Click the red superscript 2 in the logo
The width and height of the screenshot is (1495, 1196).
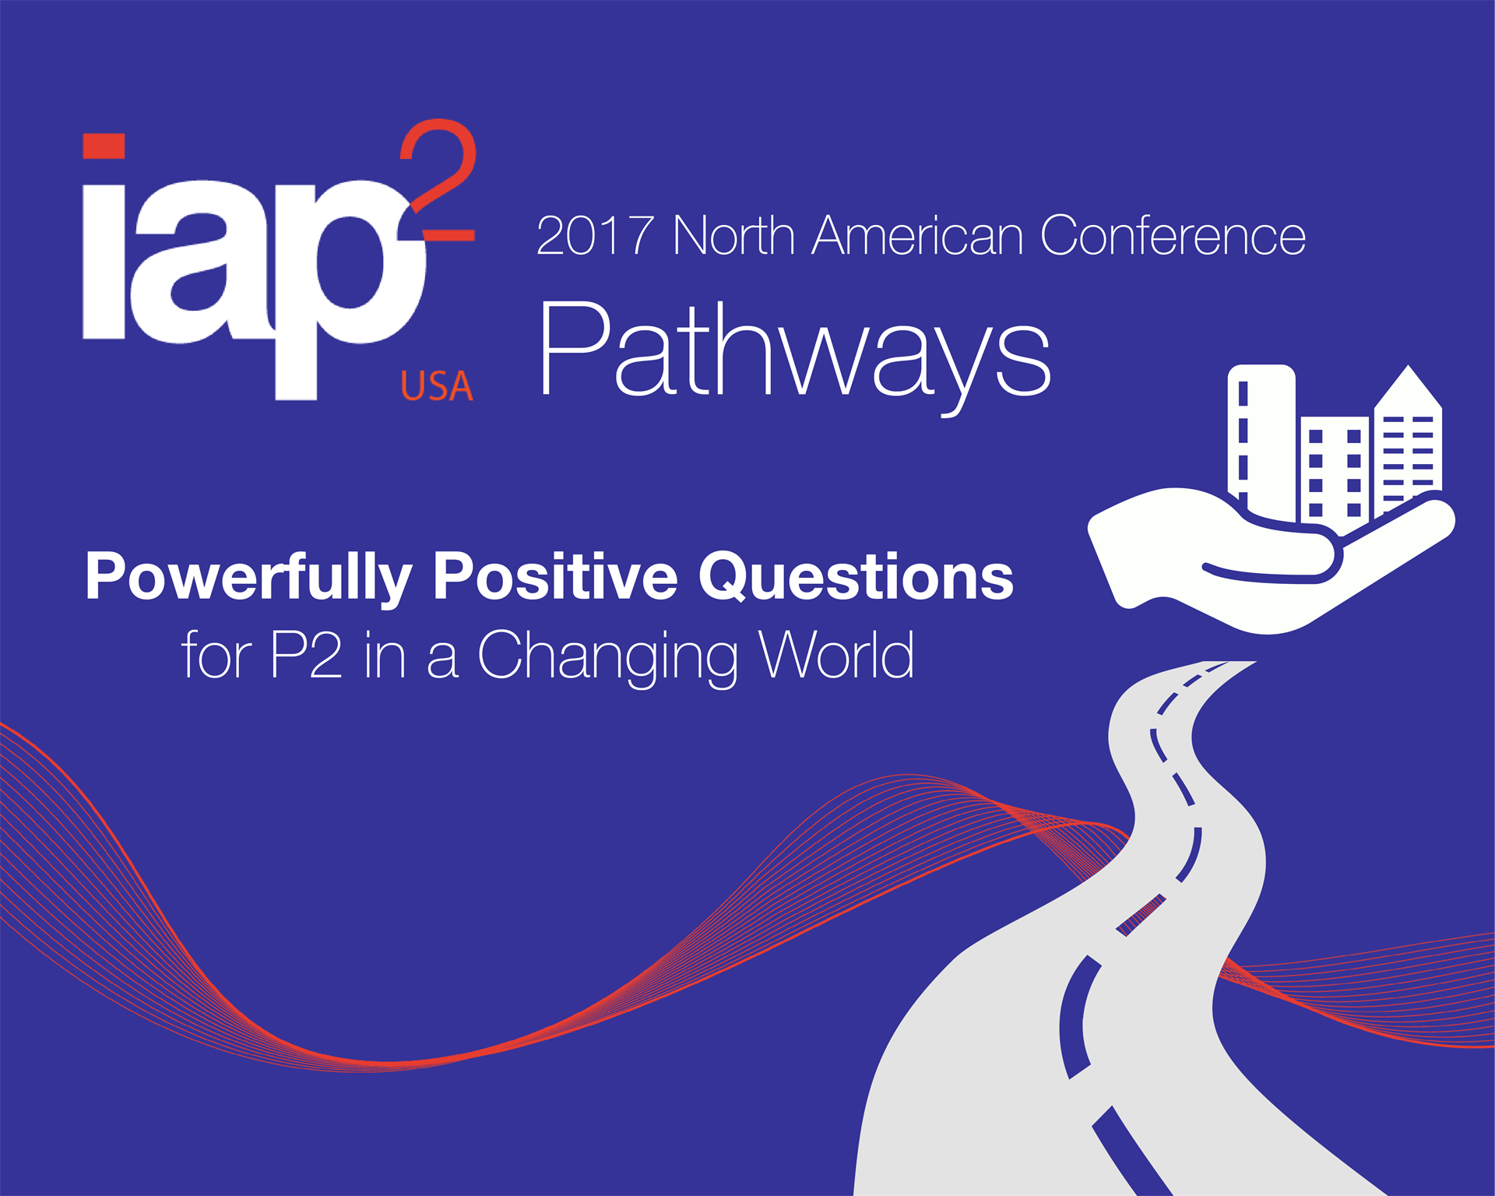coord(438,180)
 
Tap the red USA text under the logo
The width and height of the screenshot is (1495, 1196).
coord(437,386)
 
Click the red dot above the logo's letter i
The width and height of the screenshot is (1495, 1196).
coord(104,146)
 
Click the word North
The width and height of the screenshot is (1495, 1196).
coord(733,235)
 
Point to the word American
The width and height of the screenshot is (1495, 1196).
coord(917,235)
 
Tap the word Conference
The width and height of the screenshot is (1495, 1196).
coord(1173,235)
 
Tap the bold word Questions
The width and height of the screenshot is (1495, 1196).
coord(856,578)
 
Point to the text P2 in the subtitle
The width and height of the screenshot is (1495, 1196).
coord(306,656)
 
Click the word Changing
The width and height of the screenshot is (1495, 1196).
coord(607,659)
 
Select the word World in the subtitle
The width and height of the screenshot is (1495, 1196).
coord(836,654)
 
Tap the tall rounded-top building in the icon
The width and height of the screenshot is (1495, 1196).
coord(1261,436)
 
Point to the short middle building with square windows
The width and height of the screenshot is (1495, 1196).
coord(1335,470)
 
